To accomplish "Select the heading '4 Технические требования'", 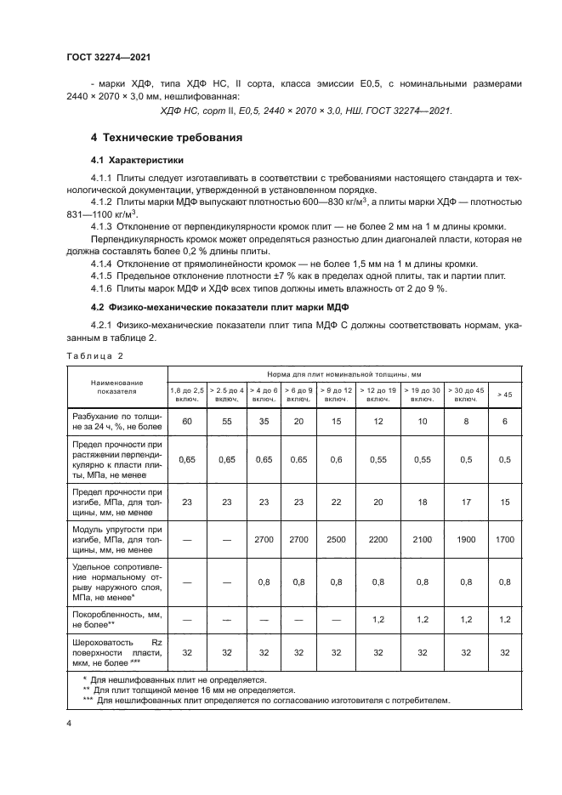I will [x=166, y=137].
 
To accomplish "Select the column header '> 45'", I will [x=504, y=395].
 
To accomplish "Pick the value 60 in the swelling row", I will [x=188, y=421].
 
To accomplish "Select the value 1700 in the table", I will [x=504, y=540].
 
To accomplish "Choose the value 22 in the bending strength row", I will [x=337, y=502].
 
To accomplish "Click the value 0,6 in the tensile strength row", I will [x=337, y=459].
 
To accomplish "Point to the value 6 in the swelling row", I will [x=504, y=421].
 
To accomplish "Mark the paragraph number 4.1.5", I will [x=104, y=275].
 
